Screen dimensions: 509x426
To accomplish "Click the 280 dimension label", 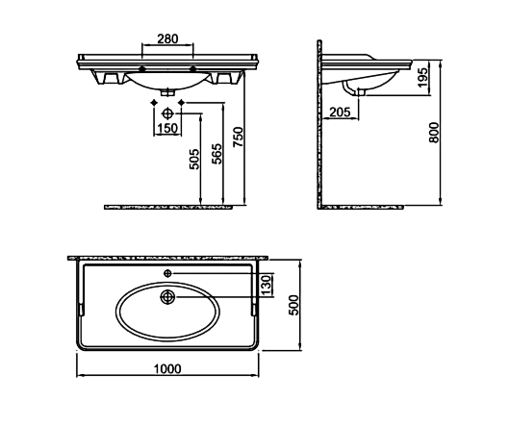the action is point(167,38).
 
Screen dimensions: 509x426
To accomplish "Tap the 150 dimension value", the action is point(167,129).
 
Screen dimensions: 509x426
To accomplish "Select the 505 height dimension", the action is point(194,159).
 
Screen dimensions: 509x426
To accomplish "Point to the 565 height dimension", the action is point(217,154).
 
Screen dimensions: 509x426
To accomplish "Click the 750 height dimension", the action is point(238,137).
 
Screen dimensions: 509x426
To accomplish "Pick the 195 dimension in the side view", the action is point(423,77).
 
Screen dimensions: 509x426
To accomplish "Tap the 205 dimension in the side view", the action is point(341,113).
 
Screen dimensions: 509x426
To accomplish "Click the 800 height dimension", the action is point(434,133).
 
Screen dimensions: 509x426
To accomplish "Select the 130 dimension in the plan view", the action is point(267,285).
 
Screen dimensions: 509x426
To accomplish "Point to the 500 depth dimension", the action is point(293,305).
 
